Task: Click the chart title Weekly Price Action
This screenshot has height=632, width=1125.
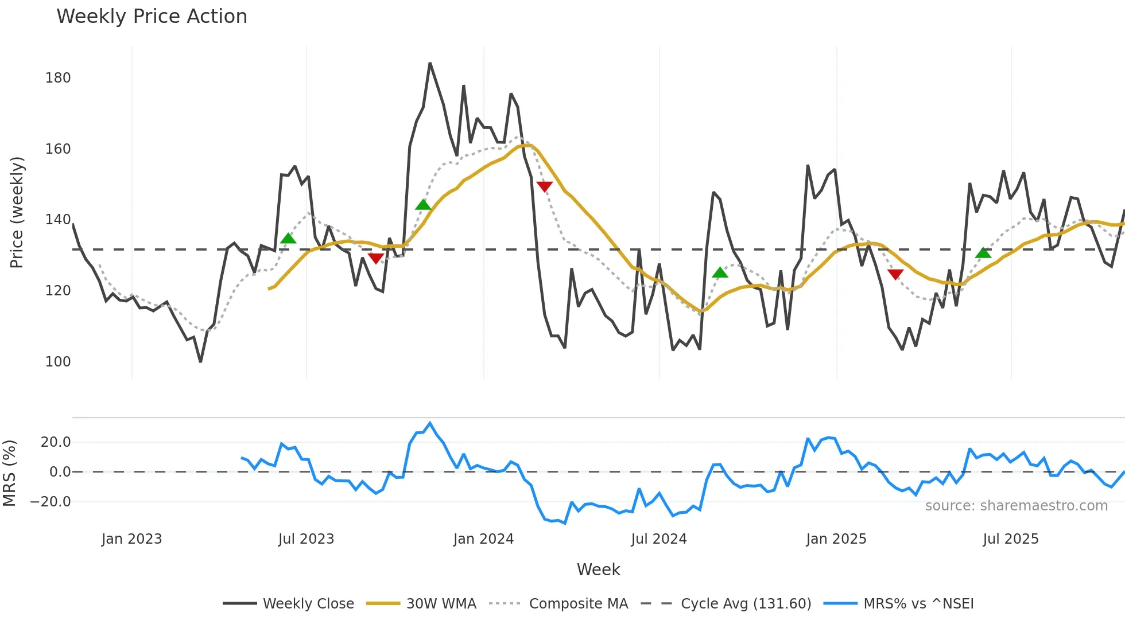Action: [152, 17]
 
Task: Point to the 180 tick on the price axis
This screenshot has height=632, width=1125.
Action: [58, 78]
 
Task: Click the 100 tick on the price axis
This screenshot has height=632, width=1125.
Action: [58, 362]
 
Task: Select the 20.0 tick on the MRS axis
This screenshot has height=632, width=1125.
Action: [56, 442]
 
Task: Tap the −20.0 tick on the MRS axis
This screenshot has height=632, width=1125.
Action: [51, 502]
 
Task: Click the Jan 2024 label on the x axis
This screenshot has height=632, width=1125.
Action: [483, 539]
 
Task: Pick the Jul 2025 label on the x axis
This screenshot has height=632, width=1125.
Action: [1010, 539]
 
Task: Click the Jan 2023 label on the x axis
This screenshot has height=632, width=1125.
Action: [131, 539]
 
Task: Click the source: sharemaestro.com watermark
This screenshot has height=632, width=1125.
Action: [1016, 506]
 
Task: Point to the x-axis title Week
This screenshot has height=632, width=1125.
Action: [598, 569]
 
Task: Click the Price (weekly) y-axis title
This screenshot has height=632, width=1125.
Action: [17, 212]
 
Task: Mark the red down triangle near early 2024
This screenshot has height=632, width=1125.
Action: [544, 186]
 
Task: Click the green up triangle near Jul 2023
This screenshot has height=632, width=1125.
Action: [288, 239]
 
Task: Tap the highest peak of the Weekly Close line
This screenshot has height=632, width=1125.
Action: [430, 64]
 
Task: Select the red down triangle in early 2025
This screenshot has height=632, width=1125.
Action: [895, 274]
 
